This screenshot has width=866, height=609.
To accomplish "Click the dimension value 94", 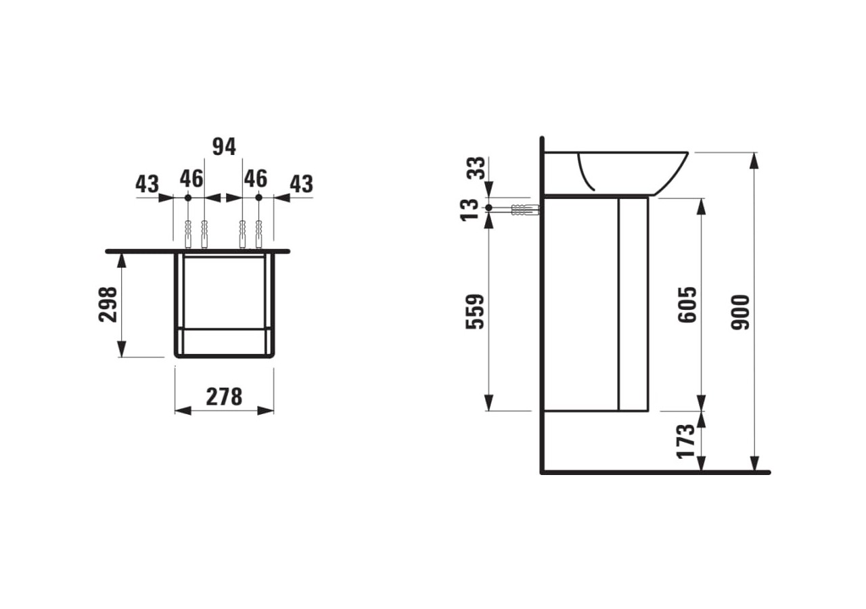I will [x=225, y=146].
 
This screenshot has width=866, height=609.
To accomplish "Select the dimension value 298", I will [x=109, y=304].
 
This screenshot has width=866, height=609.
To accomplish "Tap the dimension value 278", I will [x=224, y=397].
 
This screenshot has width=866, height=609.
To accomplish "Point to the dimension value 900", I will [x=742, y=312].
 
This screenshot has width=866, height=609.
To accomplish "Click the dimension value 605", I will [x=687, y=304].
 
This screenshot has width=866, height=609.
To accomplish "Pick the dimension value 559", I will [x=477, y=311].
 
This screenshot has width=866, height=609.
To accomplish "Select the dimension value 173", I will [x=687, y=441].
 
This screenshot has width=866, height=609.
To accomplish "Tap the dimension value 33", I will [x=477, y=166].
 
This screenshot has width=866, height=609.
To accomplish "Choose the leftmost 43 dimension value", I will [x=147, y=184].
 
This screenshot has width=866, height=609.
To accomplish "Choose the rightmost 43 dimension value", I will [x=302, y=184].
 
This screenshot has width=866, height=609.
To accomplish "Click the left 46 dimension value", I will [x=191, y=179].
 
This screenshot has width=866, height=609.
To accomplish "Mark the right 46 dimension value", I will [x=256, y=179].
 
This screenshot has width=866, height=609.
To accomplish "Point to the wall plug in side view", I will [x=525, y=210].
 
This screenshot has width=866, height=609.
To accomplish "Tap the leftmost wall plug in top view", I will [x=188, y=234].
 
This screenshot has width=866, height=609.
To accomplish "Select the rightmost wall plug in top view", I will [x=258, y=234].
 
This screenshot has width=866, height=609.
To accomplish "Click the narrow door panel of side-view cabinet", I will [x=633, y=304].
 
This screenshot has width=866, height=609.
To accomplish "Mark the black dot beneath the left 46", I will [x=188, y=198].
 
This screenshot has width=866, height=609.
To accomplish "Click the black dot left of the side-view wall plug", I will [x=488, y=208].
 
